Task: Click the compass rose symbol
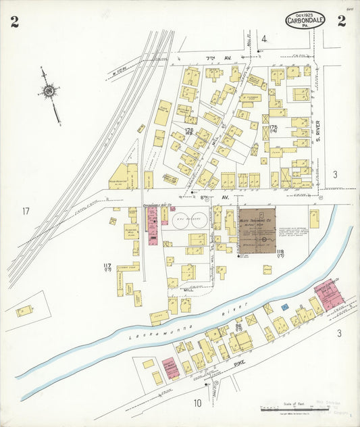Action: pos(49,91)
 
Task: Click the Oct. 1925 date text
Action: pos(299,14)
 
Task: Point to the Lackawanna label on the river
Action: pos(156,332)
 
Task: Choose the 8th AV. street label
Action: pos(207,197)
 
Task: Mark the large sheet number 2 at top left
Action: pos(15,22)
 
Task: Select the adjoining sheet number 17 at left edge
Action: pos(26,211)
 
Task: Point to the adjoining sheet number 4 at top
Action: pos(265,39)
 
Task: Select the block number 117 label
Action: pos(107,266)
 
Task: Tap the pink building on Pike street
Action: pos(170,368)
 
